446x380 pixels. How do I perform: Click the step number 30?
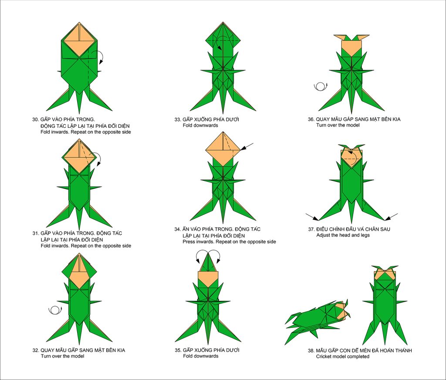pos(35,119)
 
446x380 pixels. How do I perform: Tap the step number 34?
pos(178,229)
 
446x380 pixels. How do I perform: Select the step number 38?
pos(311,350)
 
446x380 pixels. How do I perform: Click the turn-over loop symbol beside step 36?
pos(321,87)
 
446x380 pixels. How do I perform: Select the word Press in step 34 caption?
pos(189,242)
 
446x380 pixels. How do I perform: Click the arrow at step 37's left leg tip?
pos(312,217)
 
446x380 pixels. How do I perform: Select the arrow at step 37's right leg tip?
pos(392,217)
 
